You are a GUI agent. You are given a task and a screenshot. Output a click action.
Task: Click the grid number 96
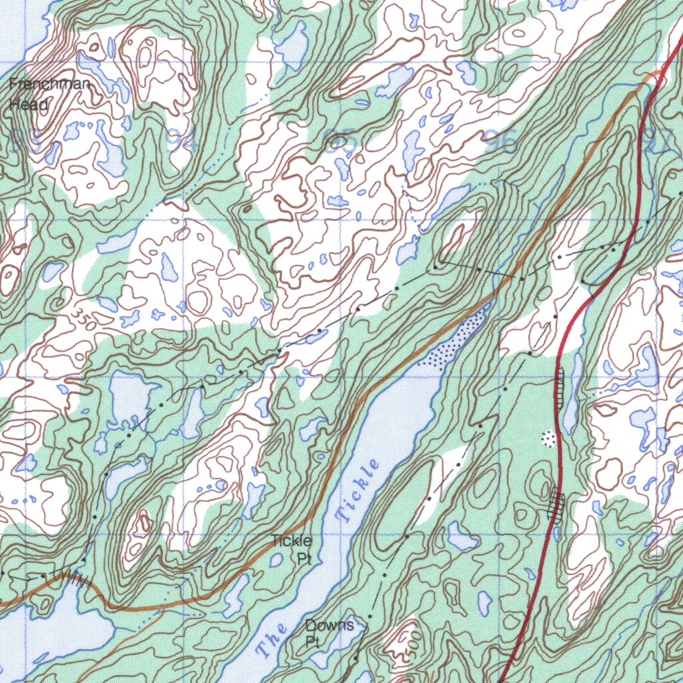coord(502,141)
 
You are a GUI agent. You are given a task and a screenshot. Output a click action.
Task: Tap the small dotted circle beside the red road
coord(549,438)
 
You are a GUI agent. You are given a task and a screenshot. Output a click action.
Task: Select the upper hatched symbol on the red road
coord(560,387)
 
